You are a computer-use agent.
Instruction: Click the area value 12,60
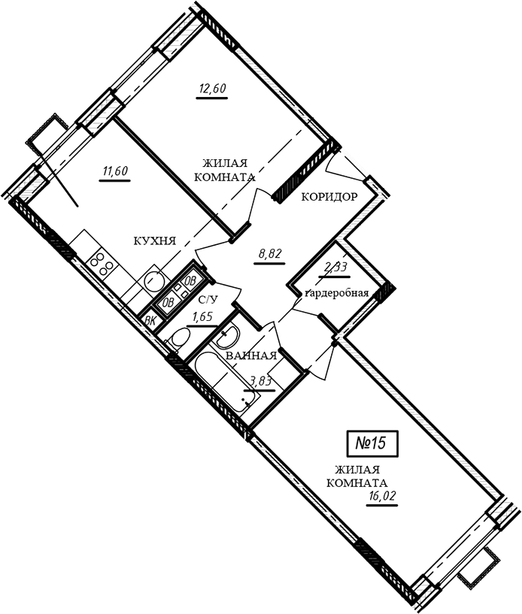pyautogui.click(x=212, y=89)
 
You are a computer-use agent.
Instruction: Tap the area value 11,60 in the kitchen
pyautogui.click(x=116, y=171)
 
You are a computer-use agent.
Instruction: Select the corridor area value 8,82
pyautogui.click(x=270, y=254)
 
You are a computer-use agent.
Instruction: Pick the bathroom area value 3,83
pyautogui.click(x=260, y=381)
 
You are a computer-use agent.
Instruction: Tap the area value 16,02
pyautogui.click(x=382, y=496)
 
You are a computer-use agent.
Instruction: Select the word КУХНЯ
pyautogui.click(x=155, y=240)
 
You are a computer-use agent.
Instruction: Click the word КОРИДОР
pyautogui.click(x=329, y=197)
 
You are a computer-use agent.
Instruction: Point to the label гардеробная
pyautogui.click(x=337, y=293)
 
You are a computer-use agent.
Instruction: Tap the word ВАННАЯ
pyautogui.click(x=251, y=355)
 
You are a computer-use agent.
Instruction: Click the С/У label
pyautogui.click(x=208, y=301)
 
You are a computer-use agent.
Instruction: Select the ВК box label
pyautogui.click(x=150, y=321)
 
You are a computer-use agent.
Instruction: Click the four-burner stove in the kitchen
pyautogui.click(x=102, y=264)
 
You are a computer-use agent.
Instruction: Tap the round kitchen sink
pyautogui.click(x=153, y=280)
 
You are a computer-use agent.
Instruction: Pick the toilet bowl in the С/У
pyautogui.click(x=180, y=337)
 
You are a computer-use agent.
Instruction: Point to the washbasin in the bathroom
pyautogui.click(x=227, y=336)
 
